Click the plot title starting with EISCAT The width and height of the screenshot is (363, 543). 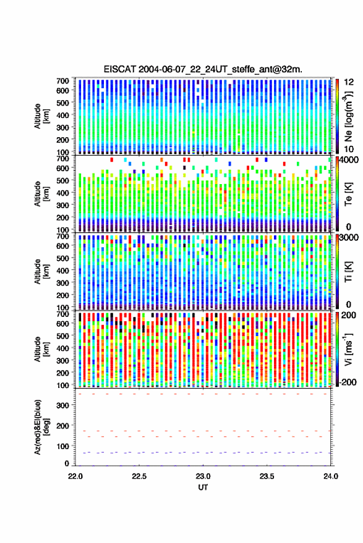pos(203,69)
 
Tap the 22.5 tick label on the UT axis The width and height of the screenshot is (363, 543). pos(139,476)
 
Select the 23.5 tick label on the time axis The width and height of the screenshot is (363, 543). pos(267,476)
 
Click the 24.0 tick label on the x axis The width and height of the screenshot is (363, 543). pos(331,476)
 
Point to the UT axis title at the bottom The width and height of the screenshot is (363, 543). pos(203,487)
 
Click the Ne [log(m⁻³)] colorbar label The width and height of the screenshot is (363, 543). pos(348,116)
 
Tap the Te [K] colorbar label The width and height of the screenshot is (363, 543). pos(348,194)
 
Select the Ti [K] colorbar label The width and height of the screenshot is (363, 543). pos(348,272)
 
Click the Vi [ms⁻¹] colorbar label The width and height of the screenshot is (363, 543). pos(348,349)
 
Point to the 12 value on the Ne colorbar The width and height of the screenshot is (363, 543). pos(349,82)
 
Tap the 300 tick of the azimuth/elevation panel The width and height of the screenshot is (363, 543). pos(63,405)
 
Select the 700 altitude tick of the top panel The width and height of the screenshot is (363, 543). pos(62,81)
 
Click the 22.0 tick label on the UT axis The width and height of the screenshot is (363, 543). pos(75,476)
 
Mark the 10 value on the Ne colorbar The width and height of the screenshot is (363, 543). pos(349,149)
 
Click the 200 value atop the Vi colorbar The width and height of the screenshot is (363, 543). pos(348,315)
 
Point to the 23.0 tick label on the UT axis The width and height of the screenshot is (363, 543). pos(203,476)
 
